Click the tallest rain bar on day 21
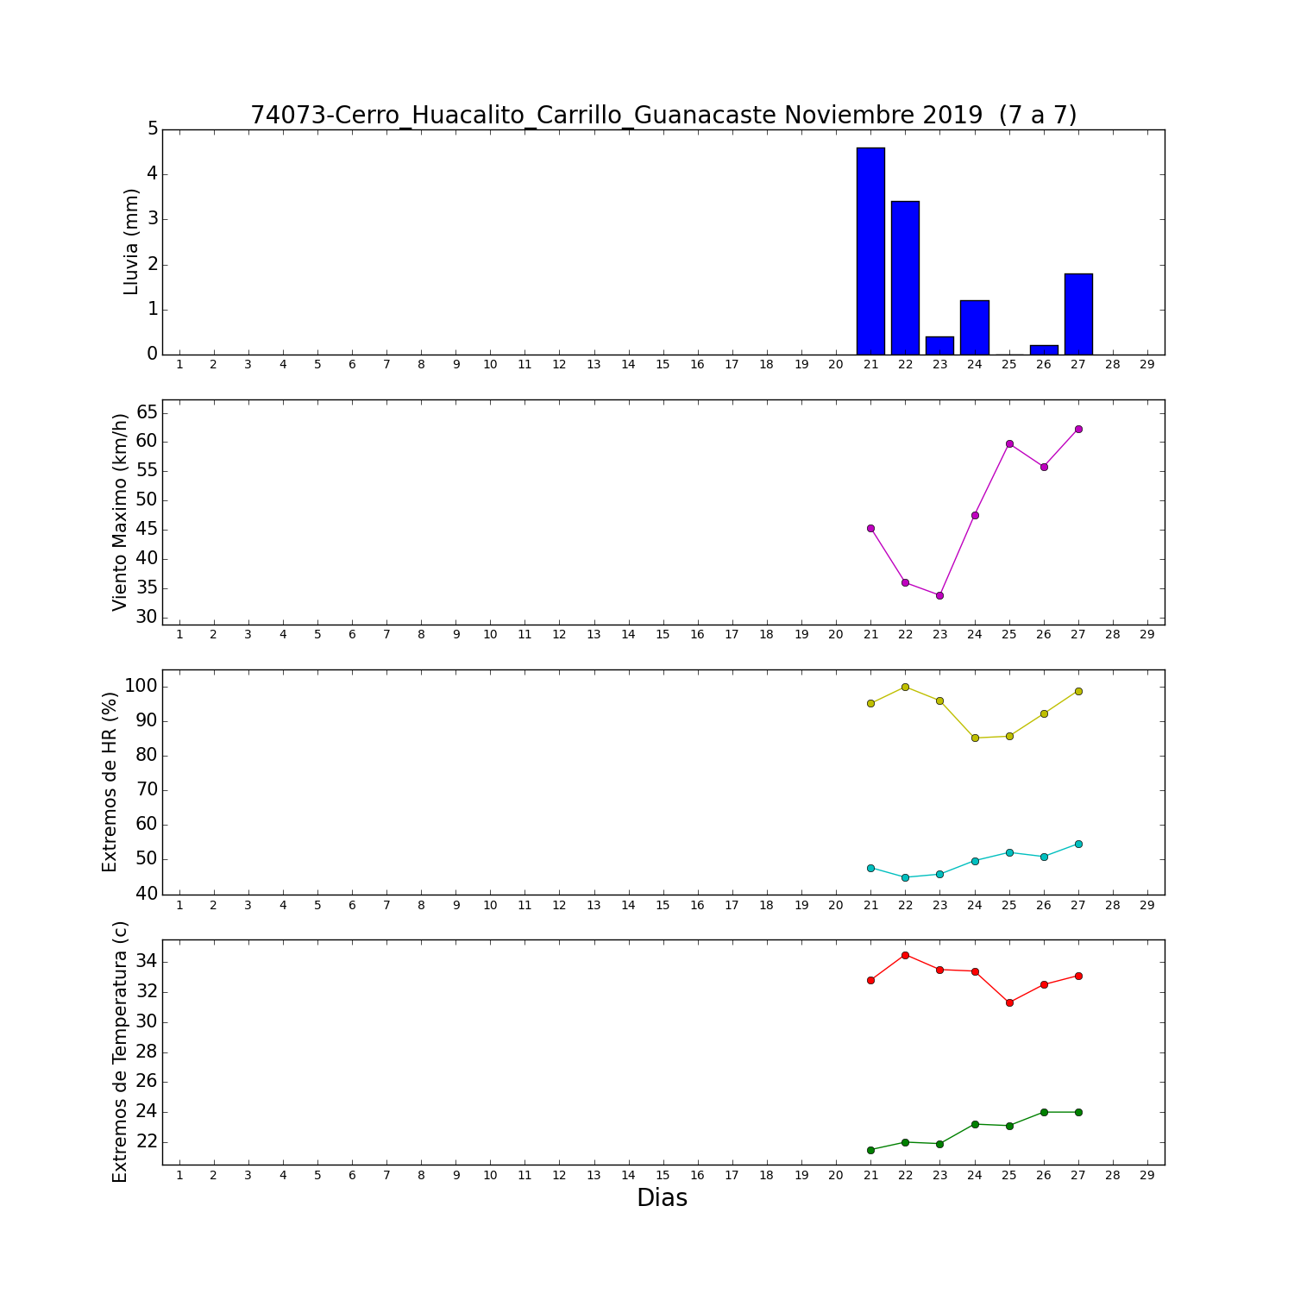870,251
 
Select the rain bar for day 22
905,278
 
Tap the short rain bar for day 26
1044,349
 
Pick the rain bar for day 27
1078,314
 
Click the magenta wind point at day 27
1078,429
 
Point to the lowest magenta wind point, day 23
939,595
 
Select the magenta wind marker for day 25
1009,443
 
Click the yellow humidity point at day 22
905,687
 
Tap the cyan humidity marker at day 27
1078,844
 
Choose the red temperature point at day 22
905,955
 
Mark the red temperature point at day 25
1009,1002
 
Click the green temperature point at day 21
870,1150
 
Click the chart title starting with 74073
663,115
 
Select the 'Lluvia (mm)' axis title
131,242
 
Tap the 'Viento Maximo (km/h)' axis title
120,512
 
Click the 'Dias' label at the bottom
663,1197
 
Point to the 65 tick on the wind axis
148,412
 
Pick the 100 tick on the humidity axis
141,687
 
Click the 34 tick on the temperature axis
148,962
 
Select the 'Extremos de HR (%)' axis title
110,782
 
